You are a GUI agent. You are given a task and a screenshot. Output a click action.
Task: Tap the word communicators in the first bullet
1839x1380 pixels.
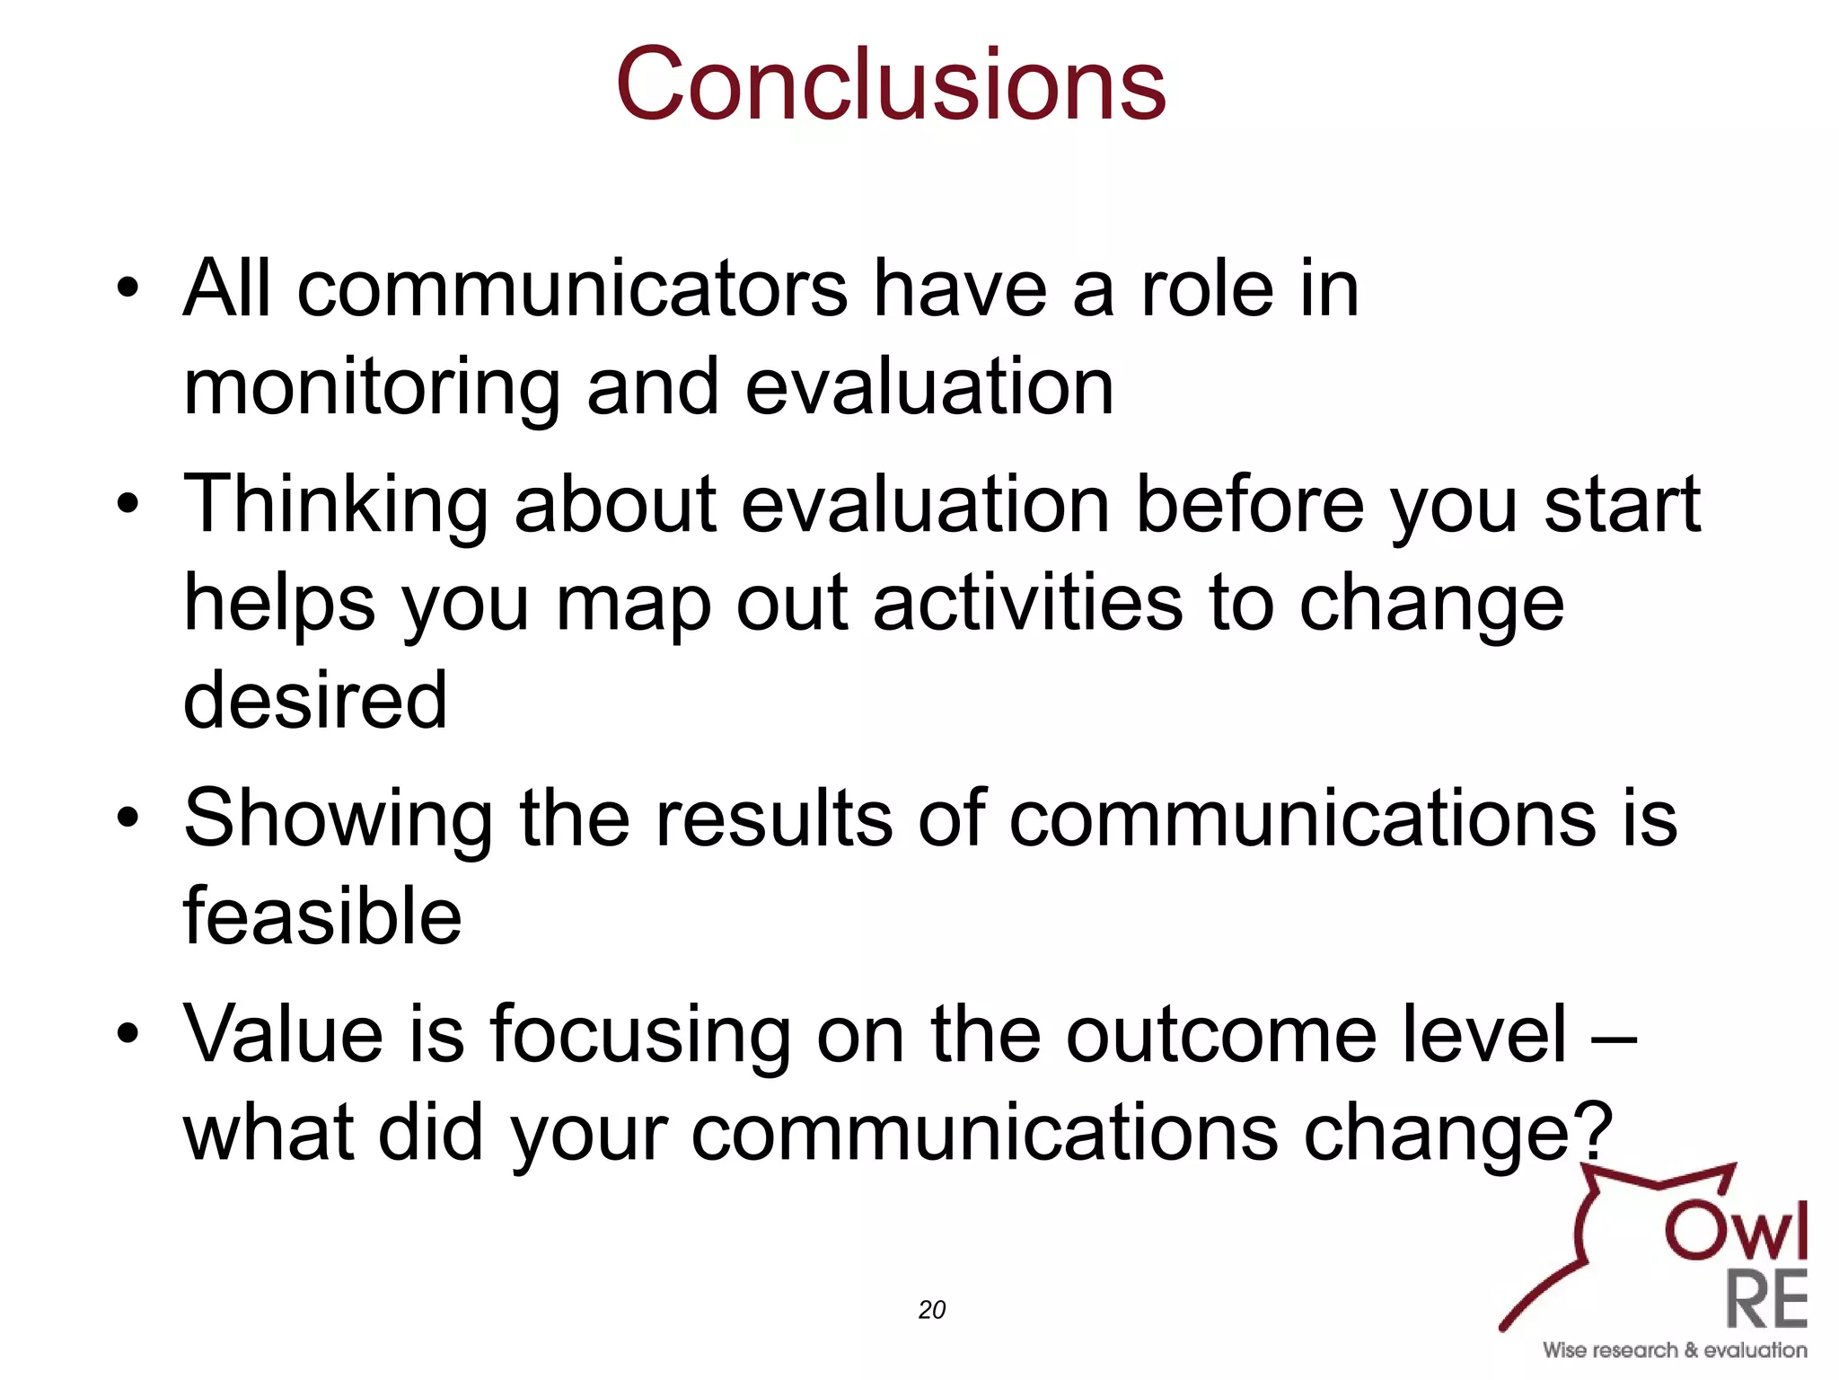click(x=572, y=289)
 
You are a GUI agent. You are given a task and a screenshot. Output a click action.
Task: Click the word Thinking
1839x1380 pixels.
click(x=336, y=505)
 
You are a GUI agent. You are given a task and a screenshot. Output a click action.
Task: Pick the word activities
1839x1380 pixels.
click(x=1027, y=603)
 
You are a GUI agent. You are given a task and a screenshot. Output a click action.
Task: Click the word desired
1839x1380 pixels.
click(x=314, y=701)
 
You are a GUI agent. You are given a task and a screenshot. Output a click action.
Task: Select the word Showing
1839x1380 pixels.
click(x=338, y=819)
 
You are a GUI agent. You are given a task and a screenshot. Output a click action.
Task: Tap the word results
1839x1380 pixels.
click(x=773, y=819)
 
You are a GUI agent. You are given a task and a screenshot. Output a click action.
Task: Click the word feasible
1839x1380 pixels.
click(x=322, y=917)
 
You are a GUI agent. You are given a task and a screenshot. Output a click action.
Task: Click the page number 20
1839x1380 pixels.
click(x=932, y=1310)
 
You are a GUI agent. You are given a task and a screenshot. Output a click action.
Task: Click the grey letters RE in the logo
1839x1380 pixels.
click(x=1765, y=1300)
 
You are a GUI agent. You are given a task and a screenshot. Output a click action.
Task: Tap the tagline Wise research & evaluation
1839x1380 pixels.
click(x=1675, y=1350)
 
